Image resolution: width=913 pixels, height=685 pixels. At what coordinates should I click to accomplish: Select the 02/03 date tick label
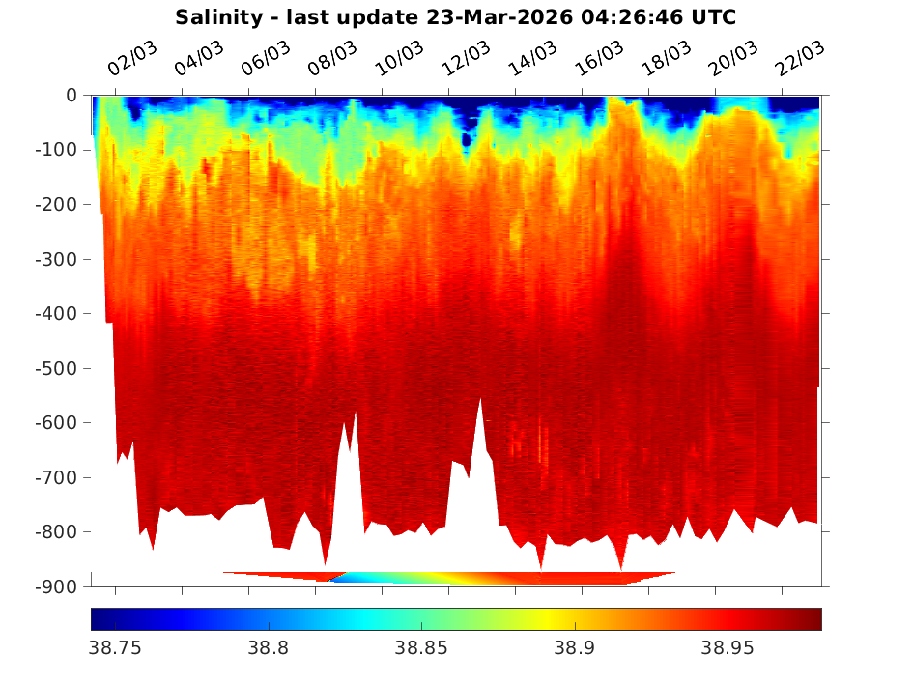(132, 60)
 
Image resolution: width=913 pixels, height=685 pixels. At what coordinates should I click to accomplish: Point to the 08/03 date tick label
(332, 60)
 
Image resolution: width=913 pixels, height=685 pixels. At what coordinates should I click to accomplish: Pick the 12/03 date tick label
(466, 60)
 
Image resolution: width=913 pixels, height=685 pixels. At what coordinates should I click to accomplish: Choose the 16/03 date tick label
(599, 60)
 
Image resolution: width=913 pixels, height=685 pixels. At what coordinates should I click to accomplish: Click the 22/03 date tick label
(799, 60)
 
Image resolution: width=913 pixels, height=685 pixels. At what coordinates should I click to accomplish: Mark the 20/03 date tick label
(732, 60)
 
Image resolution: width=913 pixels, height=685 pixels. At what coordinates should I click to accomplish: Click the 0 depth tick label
(71, 96)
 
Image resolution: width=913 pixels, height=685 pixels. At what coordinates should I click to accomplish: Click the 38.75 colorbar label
(115, 648)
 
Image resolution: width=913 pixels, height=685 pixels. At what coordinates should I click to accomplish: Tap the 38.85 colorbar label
(421, 648)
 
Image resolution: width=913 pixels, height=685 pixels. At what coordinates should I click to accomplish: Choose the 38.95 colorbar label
(728, 648)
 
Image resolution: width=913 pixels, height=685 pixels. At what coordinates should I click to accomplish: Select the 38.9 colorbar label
(575, 648)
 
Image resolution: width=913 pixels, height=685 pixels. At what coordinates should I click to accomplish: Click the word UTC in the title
(713, 17)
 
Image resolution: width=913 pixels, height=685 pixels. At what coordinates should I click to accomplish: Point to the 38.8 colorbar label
(269, 648)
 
